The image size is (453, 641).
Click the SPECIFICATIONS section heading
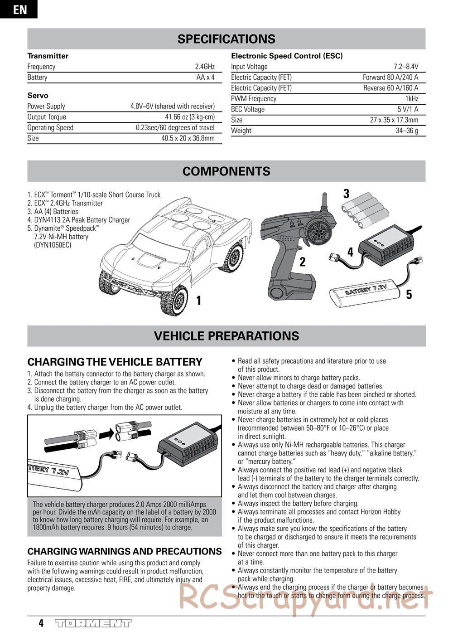(226, 39)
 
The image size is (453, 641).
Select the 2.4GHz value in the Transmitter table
(205, 67)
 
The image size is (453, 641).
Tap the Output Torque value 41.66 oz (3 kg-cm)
(190, 117)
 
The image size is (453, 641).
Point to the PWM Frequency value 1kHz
(411, 99)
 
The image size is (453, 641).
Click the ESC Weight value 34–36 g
(407, 131)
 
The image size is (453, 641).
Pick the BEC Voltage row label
(248, 109)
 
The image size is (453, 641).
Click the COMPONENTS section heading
(226, 171)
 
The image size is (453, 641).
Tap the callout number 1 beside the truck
(198, 300)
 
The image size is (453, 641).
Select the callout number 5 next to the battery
(409, 295)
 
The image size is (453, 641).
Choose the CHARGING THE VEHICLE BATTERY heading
(115, 362)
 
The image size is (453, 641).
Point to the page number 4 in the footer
(41, 623)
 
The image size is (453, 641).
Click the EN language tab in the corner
(19, 10)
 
